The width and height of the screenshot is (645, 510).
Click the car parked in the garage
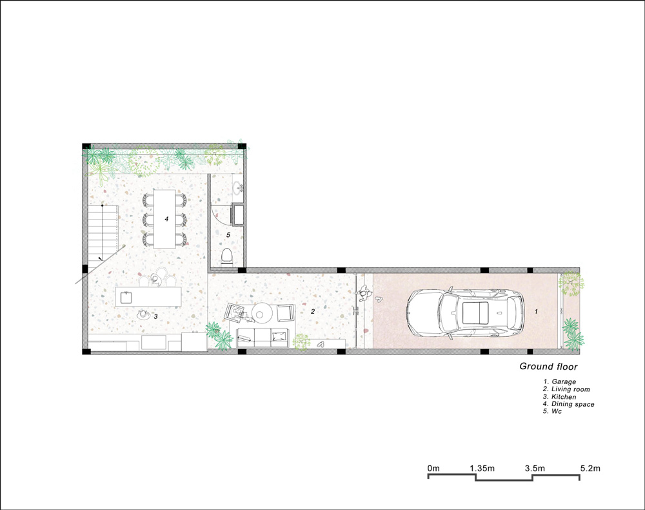point(464,312)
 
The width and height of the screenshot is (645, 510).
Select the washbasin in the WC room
point(236,189)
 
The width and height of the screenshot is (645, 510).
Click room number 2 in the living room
point(313,311)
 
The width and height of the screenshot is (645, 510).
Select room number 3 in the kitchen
point(155,316)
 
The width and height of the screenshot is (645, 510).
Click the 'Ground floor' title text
point(548,367)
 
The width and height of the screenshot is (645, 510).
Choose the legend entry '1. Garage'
point(560,382)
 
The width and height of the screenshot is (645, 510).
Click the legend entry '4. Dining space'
point(568,404)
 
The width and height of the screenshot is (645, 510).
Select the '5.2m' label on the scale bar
point(590,467)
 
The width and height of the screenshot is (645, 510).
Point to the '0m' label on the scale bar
point(433,467)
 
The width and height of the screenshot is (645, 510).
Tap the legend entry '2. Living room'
point(566,389)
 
